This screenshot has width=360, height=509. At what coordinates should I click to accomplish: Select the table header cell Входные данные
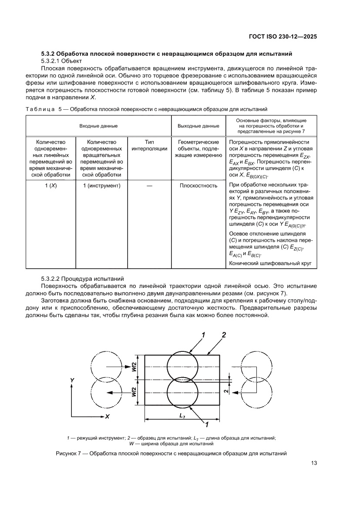pos(98,126)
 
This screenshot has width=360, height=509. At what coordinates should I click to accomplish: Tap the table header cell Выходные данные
pos(198,126)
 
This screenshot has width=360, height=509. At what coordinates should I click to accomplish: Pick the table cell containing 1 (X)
pos(50,185)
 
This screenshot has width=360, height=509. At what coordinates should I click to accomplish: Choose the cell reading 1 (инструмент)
pos(101,185)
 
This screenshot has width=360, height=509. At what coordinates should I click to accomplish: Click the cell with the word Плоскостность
pos(198,185)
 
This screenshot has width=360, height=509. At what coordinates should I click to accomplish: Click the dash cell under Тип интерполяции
pos(149,185)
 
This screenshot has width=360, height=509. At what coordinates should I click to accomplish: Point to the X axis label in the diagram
pos(107,416)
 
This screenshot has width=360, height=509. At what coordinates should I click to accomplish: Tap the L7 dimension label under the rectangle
pos(182,416)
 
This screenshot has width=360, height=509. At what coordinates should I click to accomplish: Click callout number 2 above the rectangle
pos(224,334)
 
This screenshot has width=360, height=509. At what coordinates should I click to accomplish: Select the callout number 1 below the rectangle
pos(207,424)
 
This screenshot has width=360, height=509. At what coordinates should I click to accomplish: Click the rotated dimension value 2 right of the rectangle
pos(225,391)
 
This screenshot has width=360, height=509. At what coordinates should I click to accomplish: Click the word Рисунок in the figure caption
pos(67,454)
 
